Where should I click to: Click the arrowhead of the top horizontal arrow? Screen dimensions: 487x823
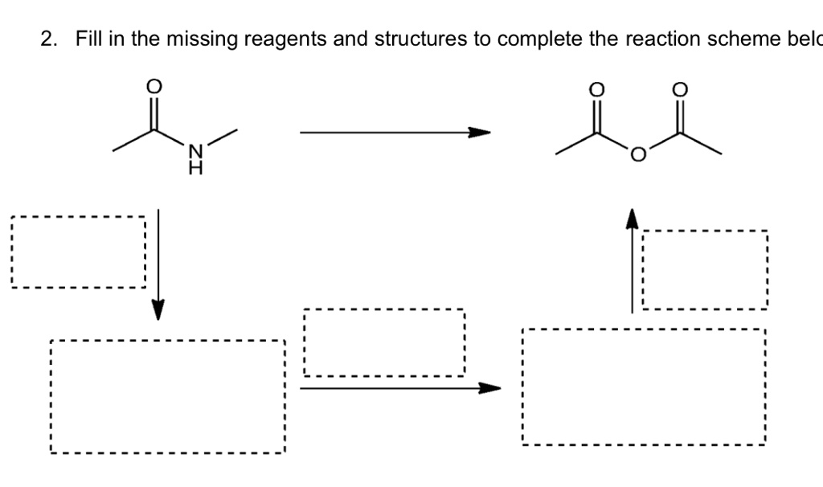(480, 133)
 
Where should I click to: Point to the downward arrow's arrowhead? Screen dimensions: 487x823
(158, 309)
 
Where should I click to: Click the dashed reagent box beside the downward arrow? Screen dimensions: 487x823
(78, 252)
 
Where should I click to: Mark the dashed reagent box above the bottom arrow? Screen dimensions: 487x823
(384, 343)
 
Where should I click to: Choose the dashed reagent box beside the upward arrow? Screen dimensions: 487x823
(705, 270)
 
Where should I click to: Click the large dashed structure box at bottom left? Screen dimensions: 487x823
(167, 396)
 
